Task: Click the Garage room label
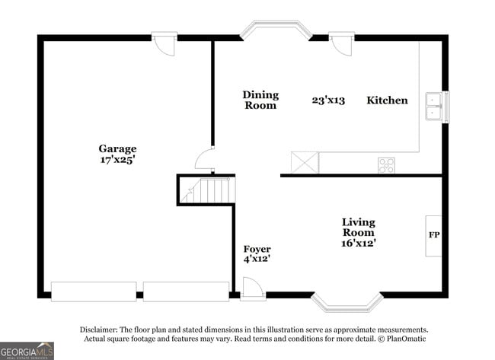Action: pos(117,149)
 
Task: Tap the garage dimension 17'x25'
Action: pos(117,160)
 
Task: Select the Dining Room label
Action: pos(260,100)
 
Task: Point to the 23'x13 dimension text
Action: pos(328,100)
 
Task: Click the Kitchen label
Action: pos(387,100)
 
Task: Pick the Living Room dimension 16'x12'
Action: pos(359,244)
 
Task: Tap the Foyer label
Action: pos(257,249)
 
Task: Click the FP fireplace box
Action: pos(433,236)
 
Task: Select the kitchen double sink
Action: pos(434,107)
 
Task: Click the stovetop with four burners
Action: pos(386,165)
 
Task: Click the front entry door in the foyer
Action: pos(253,288)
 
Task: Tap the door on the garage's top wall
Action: pos(164,43)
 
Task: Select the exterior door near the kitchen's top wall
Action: pos(342,43)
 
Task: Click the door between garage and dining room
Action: pos(205,159)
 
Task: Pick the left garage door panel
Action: pos(94,292)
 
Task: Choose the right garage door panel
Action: pos(187,292)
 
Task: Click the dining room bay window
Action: pos(276,29)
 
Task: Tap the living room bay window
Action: pos(347,302)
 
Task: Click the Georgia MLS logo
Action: pos(27,351)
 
